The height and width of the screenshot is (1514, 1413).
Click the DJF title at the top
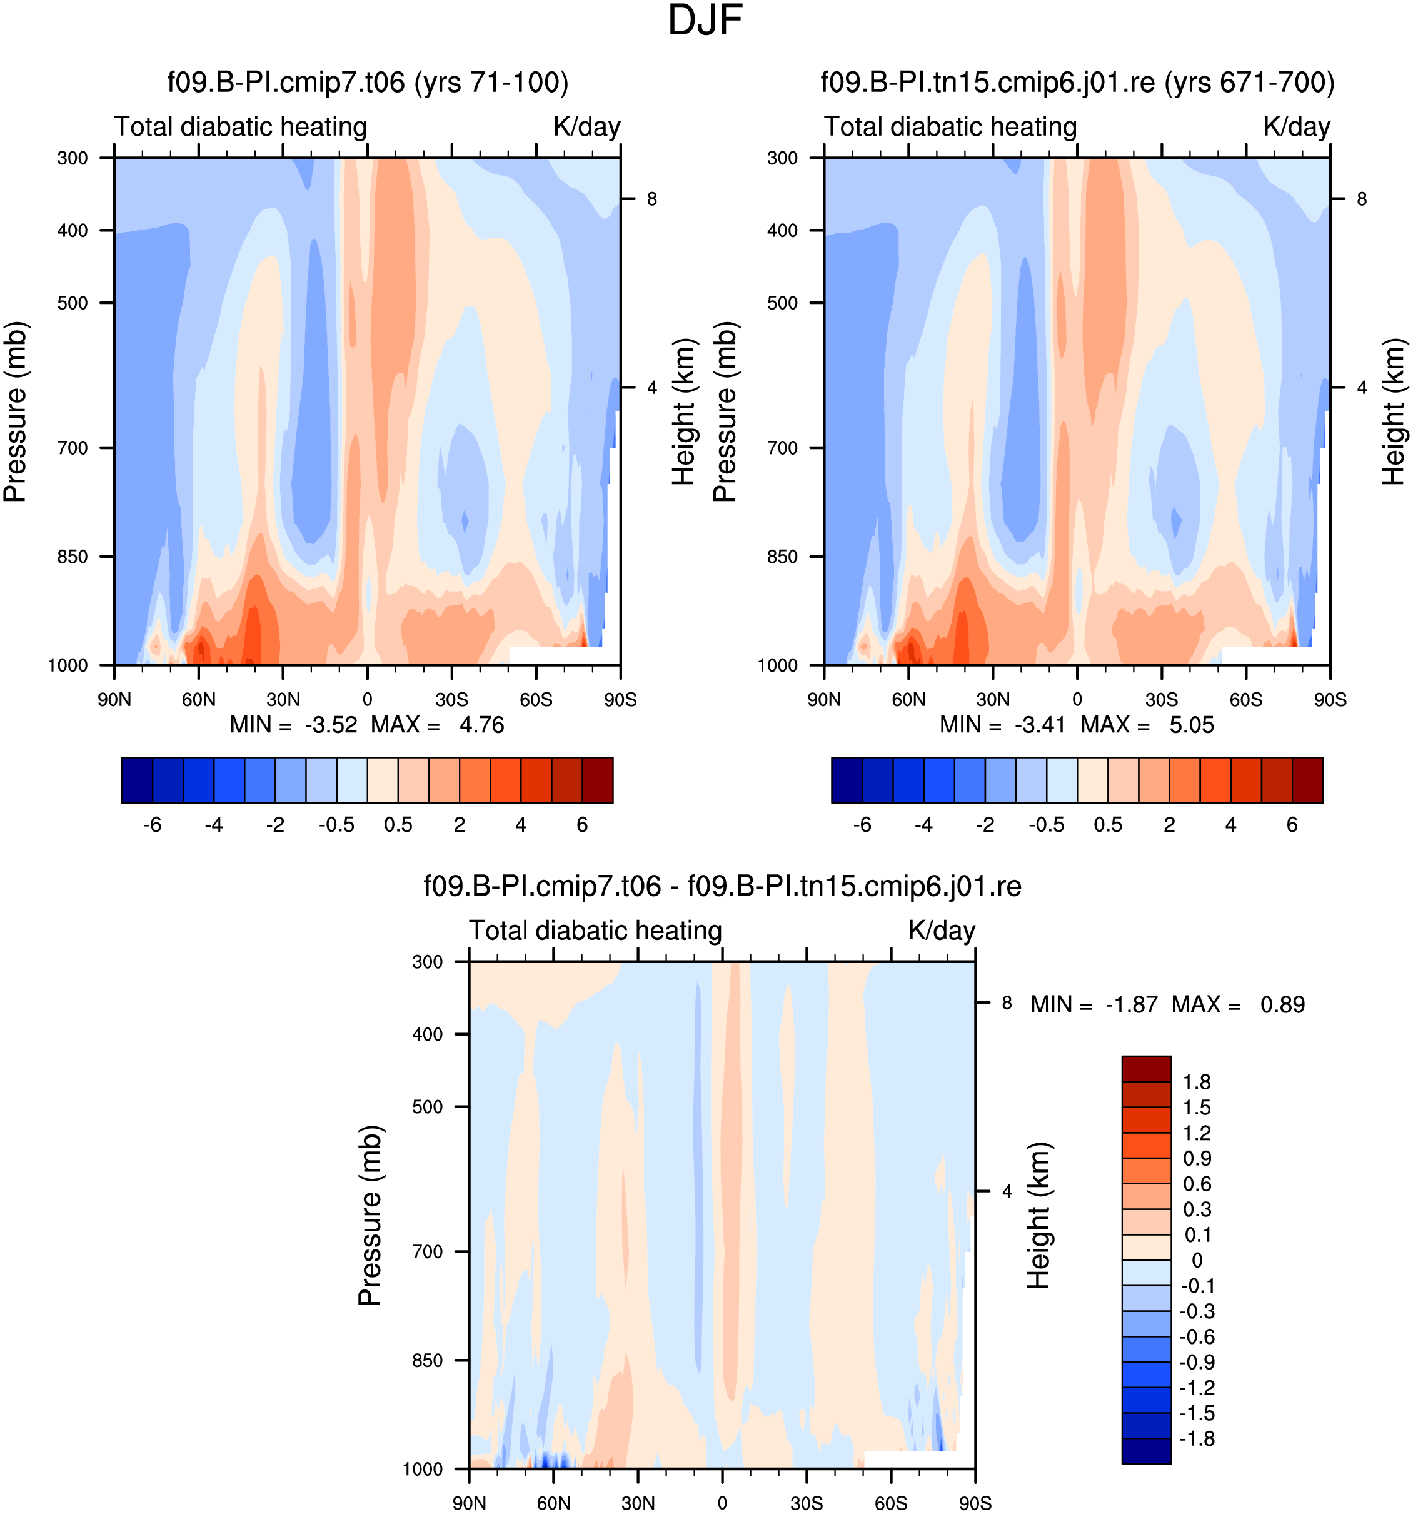(x=705, y=21)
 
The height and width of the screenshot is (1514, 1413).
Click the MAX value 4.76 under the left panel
(x=481, y=725)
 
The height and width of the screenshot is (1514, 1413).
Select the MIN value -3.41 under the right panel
(x=1039, y=725)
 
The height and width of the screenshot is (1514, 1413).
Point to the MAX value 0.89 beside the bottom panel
(x=1282, y=1004)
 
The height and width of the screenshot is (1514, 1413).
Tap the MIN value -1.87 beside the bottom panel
(x=1131, y=1004)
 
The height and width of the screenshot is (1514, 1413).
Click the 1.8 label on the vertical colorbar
(x=1197, y=1083)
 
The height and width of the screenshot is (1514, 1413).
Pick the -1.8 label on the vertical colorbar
(x=1197, y=1438)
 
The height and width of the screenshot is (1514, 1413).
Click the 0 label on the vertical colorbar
(x=1197, y=1260)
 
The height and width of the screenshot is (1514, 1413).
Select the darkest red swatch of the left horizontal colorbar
(x=598, y=780)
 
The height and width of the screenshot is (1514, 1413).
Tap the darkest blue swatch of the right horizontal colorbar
(x=847, y=780)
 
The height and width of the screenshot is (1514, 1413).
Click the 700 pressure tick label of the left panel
(x=73, y=448)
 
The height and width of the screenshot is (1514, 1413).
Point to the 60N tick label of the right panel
(x=908, y=699)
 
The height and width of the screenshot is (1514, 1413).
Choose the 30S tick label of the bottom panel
(x=807, y=1503)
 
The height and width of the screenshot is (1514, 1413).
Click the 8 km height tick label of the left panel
(x=651, y=199)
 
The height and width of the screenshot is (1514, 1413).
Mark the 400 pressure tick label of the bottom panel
(x=427, y=1034)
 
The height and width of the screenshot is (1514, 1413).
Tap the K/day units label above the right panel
(x=1297, y=126)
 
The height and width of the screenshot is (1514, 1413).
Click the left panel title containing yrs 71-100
(x=368, y=83)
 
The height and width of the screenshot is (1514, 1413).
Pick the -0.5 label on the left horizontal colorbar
(x=336, y=825)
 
